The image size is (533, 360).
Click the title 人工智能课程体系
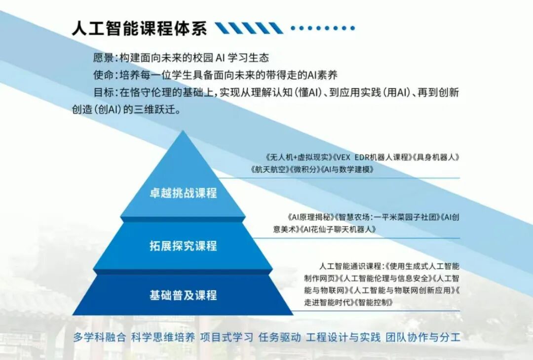tap(139, 28)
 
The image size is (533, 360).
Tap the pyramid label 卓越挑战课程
tap(183, 193)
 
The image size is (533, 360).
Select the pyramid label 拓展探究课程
tap(183, 245)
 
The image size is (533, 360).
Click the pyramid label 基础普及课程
tap(183, 295)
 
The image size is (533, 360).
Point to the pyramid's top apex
tap(183, 131)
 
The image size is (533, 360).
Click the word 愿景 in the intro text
tap(104, 57)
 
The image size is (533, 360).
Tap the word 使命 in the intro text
tap(104, 75)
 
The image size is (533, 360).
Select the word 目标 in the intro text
tap(104, 92)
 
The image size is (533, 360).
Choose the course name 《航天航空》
tap(269, 169)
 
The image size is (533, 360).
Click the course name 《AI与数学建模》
tap(347, 169)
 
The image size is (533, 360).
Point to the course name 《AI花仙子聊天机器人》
tap(338, 229)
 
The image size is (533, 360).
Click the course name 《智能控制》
tap(374, 302)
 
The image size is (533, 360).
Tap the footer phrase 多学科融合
tap(100, 337)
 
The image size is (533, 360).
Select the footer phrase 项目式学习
tap(227, 337)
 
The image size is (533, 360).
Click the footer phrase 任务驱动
tap(279, 337)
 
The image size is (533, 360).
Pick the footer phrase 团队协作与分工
tap(423, 337)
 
